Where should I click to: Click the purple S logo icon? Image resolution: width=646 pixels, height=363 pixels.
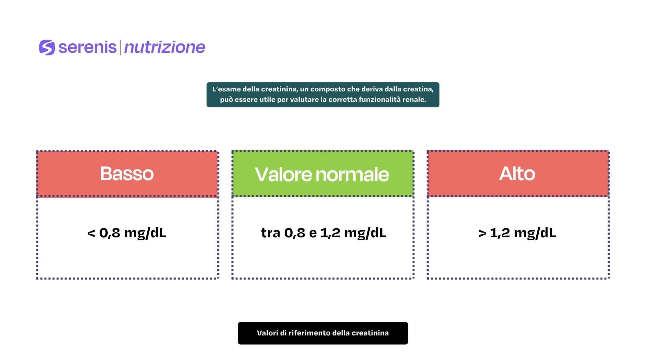coord(47,47)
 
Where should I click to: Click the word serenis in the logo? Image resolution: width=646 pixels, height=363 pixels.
coord(87,47)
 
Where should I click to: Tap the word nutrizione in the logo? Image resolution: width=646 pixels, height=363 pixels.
coord(165,47)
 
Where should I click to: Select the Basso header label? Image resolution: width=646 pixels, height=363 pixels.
coord(127,174)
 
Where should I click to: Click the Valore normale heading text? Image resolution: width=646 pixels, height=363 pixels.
coord(322,174)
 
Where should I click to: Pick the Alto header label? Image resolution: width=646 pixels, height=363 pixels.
coord(517,174)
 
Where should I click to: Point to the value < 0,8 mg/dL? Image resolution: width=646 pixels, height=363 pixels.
coord(127,233)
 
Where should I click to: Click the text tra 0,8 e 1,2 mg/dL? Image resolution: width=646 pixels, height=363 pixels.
coord(324,233)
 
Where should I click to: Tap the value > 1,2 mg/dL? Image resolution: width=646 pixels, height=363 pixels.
coord(517,233)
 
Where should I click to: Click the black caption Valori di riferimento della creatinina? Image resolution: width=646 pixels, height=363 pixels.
coord(323,333)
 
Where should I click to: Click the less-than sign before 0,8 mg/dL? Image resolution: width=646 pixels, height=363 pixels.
coord(91,233)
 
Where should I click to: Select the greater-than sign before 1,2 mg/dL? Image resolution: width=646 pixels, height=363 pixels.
coord(482,233)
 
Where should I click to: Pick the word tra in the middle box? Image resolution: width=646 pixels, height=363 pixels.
coord(271,233)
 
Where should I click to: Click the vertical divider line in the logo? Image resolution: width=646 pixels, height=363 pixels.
coord(120,47)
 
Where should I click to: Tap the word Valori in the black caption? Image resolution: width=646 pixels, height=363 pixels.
coord(267,333)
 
